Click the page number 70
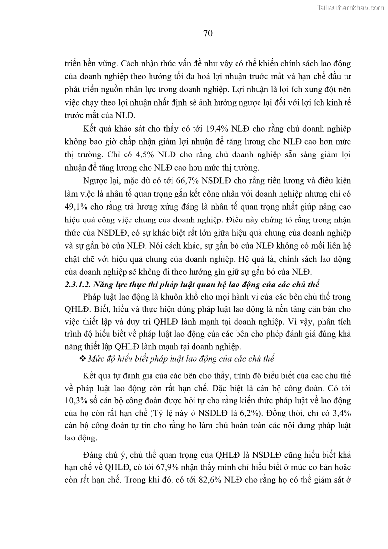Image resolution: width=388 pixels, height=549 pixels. [x=207, y=34]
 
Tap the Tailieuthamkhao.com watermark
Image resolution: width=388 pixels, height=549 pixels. [x=351, y=7]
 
